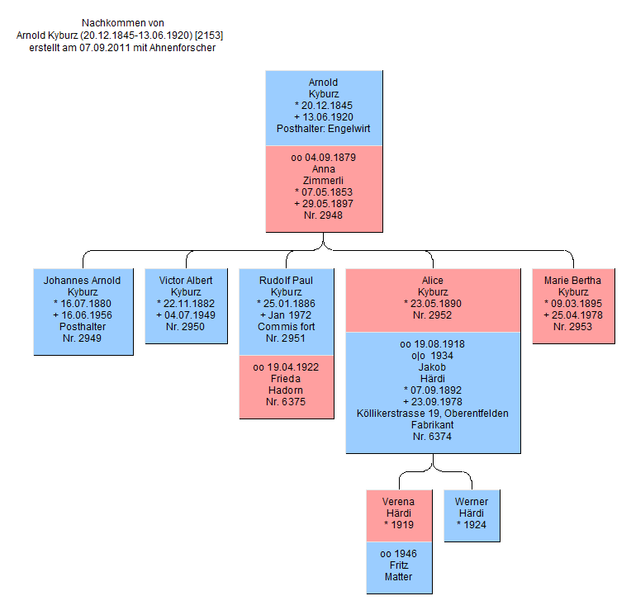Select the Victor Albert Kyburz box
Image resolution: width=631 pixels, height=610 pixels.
click(x=185, y=305)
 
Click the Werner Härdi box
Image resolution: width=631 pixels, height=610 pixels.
click(x=471, y=515)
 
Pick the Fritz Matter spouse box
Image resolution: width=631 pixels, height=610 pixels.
click(x=399, y=567)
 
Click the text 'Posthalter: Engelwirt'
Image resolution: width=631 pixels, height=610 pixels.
click(x=323, y=129)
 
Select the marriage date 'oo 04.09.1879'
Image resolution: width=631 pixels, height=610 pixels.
click(x=323, y=158)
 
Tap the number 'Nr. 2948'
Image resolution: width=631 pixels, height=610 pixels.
click(x=323, y=215)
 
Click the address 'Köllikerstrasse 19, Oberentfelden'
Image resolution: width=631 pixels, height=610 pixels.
click(x=432, y=413)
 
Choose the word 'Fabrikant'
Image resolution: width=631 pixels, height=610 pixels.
click(x=432, y=424)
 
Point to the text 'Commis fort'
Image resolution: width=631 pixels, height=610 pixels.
click(x=286, y=327)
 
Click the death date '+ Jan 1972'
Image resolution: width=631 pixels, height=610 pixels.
click(x=286, y=315)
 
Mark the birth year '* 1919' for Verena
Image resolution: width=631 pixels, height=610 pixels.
click(x=399, y=524)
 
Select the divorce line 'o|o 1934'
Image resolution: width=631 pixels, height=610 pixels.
click(x=432, y=355)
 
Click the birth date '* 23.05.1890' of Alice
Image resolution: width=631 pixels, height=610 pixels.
click(x=432, y=304)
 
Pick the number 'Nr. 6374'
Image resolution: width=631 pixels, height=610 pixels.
click(x=432, y=436)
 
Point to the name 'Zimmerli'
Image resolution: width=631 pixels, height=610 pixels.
click(x=323, y=181)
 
